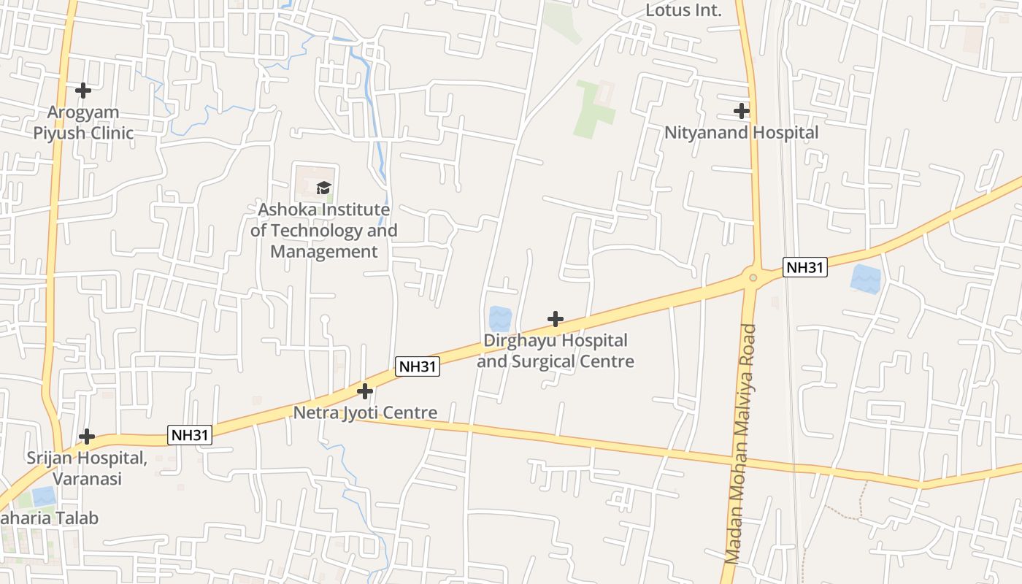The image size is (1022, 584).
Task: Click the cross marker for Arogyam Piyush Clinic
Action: pyautogui.click(x=83, y=91)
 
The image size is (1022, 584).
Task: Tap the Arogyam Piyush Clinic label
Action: pyautogui.click(x=83, y=123)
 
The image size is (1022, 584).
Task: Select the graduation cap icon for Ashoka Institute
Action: pyautogui.click(x=323, y=188)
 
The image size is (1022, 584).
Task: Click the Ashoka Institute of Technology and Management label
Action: pyautogui.click(x=324, y=231)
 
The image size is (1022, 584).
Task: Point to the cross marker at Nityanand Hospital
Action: pyautogui.click(x=742, y=111)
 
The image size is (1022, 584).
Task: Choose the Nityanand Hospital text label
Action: pyautogui.click(x=741, y=133)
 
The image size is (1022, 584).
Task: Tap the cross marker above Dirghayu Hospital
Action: pyautogui.click(x=556, y=319)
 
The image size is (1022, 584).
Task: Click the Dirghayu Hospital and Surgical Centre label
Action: pyautogui.click(x=556, y=351)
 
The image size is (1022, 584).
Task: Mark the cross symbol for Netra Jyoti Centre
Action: pyautogui.click(x=364, y=391)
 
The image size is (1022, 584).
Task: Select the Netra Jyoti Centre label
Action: pyautogui.click(x=365, y=413)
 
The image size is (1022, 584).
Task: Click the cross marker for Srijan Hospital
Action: pyautogui.click(x=87, y=437)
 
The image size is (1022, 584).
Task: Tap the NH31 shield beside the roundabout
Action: pyautogui.click(x=804, y=267)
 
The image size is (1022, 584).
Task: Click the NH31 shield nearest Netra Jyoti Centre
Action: pyautogui.click(x=418, y=366)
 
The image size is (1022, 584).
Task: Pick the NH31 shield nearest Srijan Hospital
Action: pyautogui.click(x=190, y=435)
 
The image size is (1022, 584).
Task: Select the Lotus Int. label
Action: pyautogui.click(x=683, y=10)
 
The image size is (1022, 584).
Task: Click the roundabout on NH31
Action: pyautogui.click(x=753, y=277)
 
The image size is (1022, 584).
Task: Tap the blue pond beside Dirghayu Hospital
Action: pyautogui.click(x=500, y=319)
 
